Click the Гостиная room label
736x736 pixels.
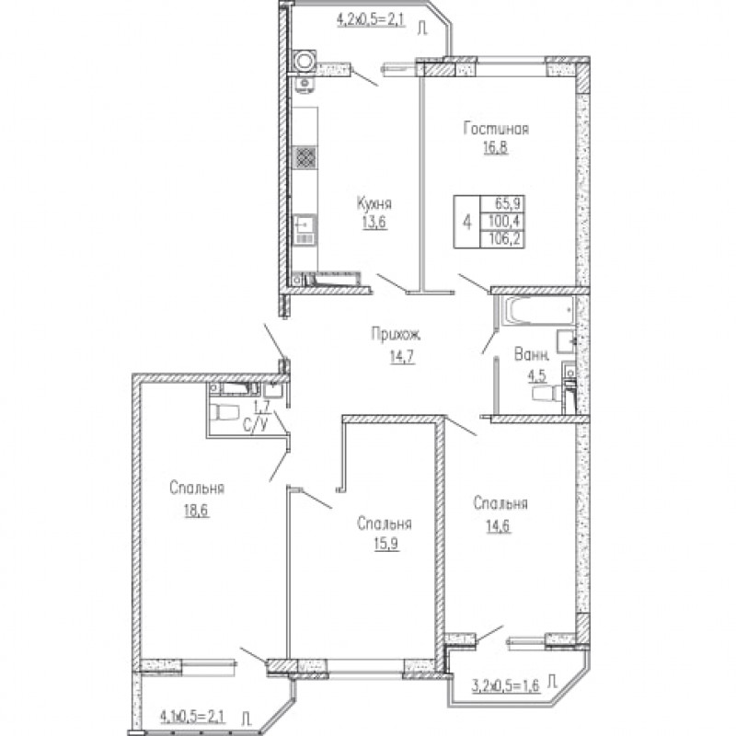click(496, 129)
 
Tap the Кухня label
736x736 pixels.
click(374, 203)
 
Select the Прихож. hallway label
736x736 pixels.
click(396, 334)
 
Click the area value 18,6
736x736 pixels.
click(197, 511)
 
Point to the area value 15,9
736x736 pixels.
click(386, 544)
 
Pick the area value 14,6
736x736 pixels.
click(498, 525)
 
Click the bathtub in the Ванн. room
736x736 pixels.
click(538, 310)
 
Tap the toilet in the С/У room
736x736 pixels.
click(224, 411)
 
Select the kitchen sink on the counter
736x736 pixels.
click(305, 229)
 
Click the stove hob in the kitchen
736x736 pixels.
click(305, 157)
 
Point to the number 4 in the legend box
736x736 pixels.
click(466, 222)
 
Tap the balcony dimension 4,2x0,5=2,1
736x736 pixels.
click(371, 20)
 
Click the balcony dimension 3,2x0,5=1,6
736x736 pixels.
click(505, 684)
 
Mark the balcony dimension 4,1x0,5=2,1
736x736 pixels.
click(192, 717)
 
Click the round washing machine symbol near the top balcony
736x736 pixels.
click(304, 61)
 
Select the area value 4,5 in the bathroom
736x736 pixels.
click(537, 377)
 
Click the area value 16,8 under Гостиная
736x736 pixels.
click(496, 147)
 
